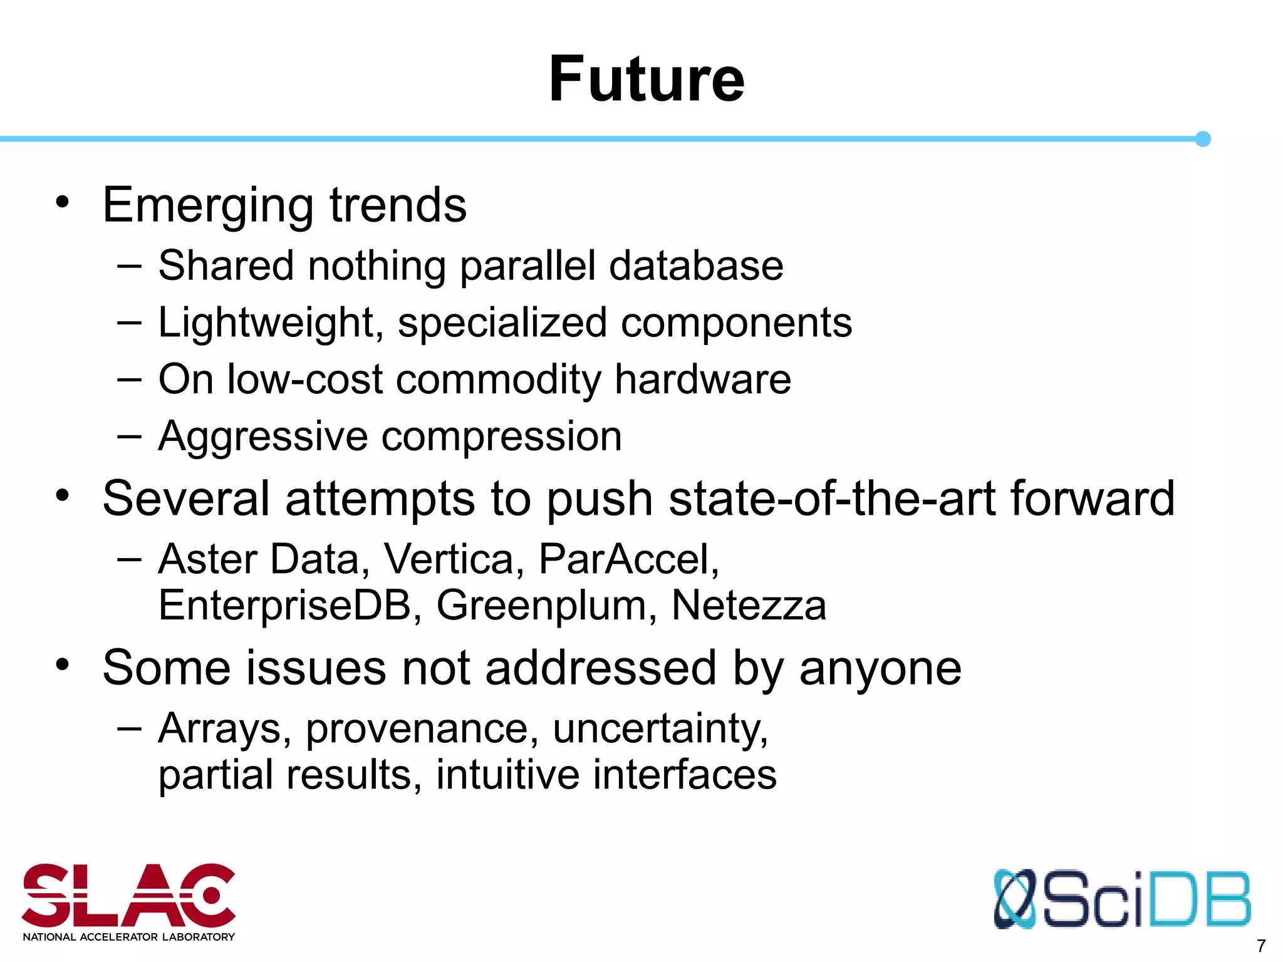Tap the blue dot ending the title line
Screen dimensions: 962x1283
pos(1202,139)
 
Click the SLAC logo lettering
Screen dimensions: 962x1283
pos(128,895)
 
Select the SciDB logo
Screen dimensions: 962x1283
pos(1121,899)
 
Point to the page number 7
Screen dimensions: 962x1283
pos(1261,946)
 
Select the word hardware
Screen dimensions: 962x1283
pos(702,380)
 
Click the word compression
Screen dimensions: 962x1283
pos(501,437)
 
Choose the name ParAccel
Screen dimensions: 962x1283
pos(628,559)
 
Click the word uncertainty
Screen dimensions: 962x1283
pos(660,729)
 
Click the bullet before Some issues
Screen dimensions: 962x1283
pos(62,665)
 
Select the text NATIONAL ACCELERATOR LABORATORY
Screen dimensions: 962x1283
pos(128,937)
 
